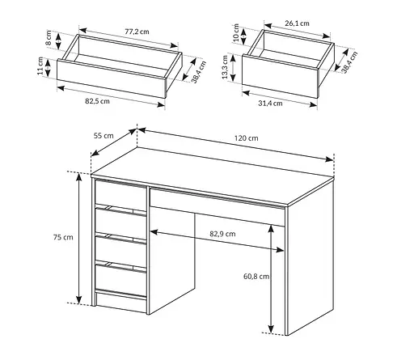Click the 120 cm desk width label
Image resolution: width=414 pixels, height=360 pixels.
[243, 138]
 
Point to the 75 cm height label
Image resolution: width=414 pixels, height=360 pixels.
[62, 238]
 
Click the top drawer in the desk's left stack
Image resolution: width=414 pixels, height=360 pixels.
[120, 194]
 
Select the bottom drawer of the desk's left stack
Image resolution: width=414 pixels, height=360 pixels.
[120, 278]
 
